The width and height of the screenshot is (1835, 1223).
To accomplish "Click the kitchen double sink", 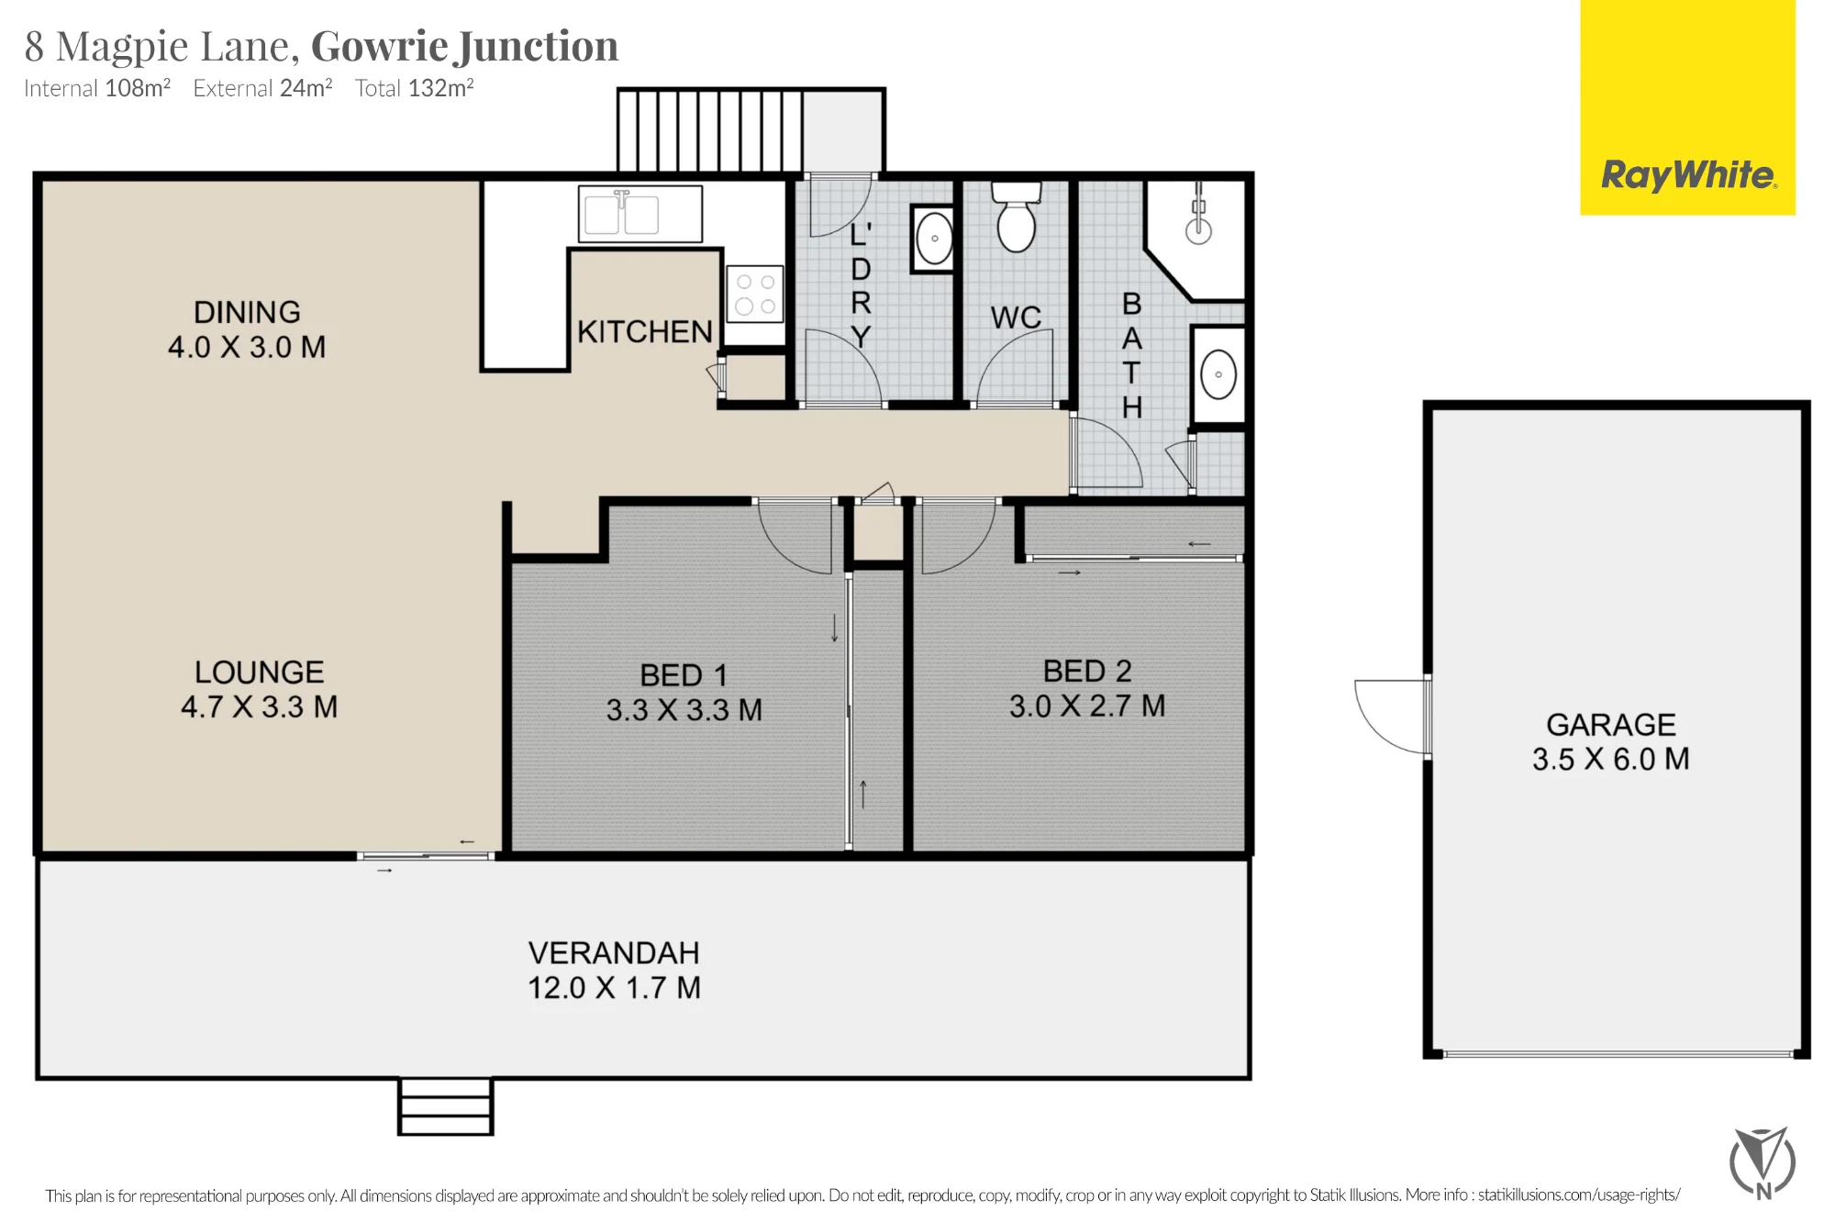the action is (640, 214).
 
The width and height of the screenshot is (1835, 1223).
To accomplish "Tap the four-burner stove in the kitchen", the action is (755, 294).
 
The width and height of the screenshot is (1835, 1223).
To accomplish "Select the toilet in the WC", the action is (1017, 217).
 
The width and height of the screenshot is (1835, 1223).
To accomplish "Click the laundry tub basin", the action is (933, 239).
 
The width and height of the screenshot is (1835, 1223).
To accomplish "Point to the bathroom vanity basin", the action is (1218, 374).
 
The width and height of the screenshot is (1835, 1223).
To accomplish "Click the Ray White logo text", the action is (1688, 174).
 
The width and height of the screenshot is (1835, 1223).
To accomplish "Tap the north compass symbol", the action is (1763, 1162).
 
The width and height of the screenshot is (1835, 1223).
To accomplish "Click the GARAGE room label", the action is (1611, 725).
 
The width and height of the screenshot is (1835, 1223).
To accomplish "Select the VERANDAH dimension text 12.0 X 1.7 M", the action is (614, 988).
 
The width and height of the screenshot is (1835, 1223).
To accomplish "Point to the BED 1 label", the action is (684, 675).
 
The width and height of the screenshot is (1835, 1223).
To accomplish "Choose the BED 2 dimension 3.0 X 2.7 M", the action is (1087, 706).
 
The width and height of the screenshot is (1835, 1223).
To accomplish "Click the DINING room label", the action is (247, 312).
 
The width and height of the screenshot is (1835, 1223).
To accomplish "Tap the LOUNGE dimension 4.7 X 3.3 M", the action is (260, 706).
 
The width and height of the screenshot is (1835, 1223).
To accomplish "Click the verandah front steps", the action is (446, 1106).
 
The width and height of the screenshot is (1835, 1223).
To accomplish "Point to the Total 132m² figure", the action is (415, 88).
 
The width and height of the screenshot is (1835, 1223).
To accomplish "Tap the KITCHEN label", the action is (645, 331).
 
